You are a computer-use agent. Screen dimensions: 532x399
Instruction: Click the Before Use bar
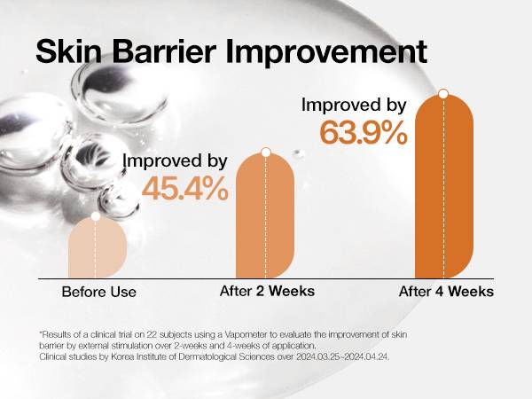pos(98,247)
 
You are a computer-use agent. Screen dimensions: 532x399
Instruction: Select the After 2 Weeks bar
pos(265,215)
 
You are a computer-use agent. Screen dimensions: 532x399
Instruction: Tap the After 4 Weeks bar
pos(444,186)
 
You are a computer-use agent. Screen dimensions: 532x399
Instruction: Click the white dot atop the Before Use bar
pos(96,216)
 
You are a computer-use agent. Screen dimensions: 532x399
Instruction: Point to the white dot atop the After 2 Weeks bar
pos(266,152)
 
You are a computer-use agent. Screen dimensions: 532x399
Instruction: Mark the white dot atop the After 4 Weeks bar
pos(443,94)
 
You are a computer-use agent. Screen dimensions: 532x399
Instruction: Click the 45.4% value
pos(185,188)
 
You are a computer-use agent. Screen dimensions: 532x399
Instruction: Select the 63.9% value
pos(364,133)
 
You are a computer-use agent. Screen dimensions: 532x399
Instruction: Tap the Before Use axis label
pos(99,292)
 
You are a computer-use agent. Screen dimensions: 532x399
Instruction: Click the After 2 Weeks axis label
pos(268,291)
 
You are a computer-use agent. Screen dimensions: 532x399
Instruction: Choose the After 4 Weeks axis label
pos(446,292)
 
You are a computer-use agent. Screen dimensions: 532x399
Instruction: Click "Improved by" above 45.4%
pos(175,160)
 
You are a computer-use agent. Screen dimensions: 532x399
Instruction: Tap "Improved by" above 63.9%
pos(354,106)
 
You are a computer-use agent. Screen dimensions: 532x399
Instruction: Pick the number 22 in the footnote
pos(152,334)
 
